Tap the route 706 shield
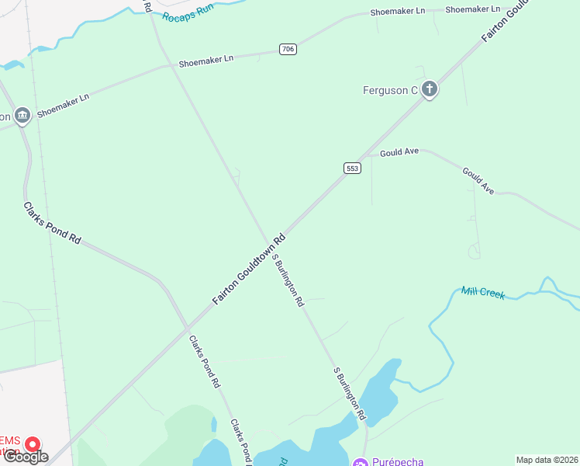coord(288,50)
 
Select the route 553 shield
coord(352,168)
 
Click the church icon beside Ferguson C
coord(430,90)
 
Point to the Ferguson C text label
coord(390,91)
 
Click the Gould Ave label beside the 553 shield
coord(399,152)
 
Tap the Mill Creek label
coord(482,293)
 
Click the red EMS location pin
coord(33,445)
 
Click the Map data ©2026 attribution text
coord(546,460)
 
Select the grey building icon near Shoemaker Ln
coord(22,116)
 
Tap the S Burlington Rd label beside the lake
coord(349,394)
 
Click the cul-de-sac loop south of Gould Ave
coord(474,251)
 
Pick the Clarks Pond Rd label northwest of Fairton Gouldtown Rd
coord(52,224)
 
